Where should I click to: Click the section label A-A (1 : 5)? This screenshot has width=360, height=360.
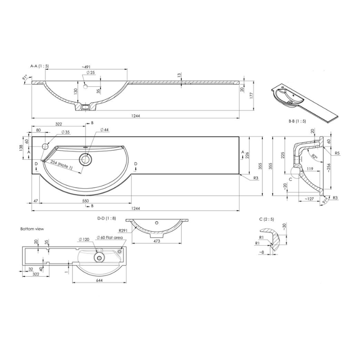[x=39, y=66]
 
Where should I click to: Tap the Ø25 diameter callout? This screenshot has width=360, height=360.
[x=90, y=72]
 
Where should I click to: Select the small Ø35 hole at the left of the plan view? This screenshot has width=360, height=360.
[x=45, y=146]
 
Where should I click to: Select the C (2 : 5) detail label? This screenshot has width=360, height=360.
[x=267, y=219]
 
